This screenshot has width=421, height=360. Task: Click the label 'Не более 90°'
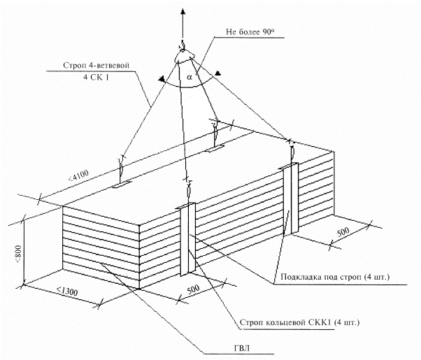tap(250, 32)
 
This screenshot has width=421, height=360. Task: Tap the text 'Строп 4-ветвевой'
tap(96, 65)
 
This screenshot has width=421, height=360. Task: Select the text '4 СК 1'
tap(96, 78)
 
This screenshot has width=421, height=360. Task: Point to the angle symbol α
tap(190, 78)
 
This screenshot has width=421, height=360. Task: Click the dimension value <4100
tap(78, 175)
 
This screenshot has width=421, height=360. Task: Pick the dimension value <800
tap(18, 254)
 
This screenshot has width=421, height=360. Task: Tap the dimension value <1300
tap(67, 291)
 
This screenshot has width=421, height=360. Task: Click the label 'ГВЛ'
tap(242, 348)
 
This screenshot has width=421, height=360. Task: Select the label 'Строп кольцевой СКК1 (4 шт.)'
tap(299, 322)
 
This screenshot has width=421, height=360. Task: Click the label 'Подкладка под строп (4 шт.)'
tap(335, 277)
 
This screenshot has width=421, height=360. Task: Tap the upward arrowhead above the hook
tap(183, 12)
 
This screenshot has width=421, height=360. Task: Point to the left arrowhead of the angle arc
tap(162, 79)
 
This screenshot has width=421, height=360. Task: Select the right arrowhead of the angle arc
tap(218, 73)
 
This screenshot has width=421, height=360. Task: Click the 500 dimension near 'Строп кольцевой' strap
tap(193, 289)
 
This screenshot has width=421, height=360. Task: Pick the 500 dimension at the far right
tap(343, 232)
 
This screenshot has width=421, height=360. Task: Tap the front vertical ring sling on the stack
tap(187, 239)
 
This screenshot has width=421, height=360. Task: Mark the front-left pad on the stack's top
tap(122, 185)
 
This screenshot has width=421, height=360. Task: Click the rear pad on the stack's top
tap(214, 148)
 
